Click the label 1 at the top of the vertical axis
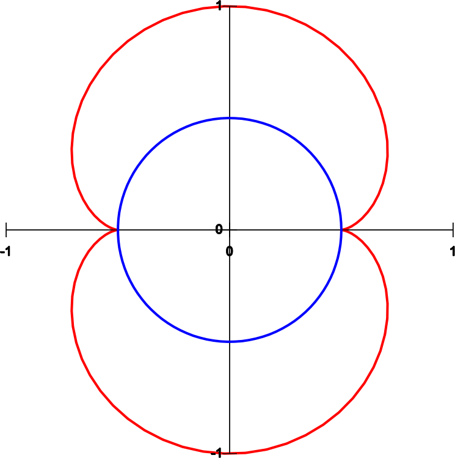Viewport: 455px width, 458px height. [x=219, y=6]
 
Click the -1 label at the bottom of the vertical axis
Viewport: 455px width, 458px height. [x=216, y=453]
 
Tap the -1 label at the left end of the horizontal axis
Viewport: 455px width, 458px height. [x=5, y=251]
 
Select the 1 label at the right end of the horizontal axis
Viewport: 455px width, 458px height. [x=452, y=251]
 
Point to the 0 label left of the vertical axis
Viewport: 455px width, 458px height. [x=219, y=229]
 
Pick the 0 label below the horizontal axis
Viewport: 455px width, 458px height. [x=230, y=251]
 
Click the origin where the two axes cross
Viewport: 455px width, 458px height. [x=230, y=230]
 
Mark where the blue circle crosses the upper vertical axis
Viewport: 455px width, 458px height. [x=230, y=118]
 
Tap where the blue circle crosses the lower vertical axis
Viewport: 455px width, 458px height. [x=230, y=341]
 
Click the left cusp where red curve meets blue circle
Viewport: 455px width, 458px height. [x=118, y=230]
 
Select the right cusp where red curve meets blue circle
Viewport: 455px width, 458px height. [x=341, y=230]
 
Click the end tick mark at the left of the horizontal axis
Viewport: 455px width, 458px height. [x=6, y=230]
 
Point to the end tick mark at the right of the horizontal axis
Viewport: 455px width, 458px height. [x=453, y=230]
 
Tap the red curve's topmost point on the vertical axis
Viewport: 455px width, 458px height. [x=230, y=6]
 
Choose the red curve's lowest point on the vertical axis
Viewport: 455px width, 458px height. [x=230, y=453]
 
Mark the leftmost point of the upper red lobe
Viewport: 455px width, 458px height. [x=71, y=150]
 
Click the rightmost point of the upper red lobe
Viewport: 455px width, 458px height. [x=387, y=150]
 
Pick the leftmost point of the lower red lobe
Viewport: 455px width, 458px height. [x=71, y=310]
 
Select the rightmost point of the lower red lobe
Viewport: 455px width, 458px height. [x=387, y=310]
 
